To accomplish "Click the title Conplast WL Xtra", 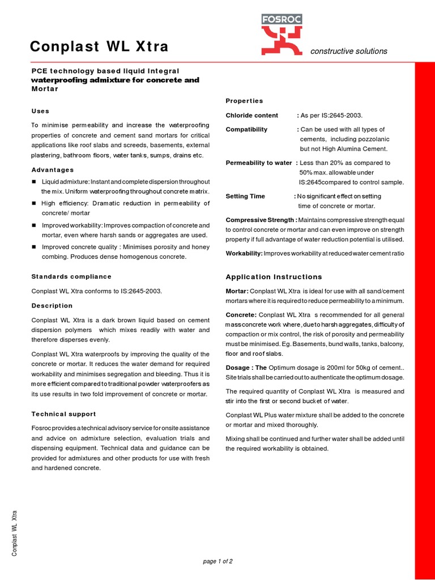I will tap(99, 46).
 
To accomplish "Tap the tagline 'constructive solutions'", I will tap(348, 51).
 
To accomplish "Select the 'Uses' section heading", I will tap(40, 111).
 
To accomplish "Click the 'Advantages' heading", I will tap(53, 170).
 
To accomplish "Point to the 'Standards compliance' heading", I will tap(71, 276).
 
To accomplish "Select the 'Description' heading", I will tap(52, 306).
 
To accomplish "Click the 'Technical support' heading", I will tap(63, 414).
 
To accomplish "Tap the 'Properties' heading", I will tap(244, 101).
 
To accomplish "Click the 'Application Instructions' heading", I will tap(274, 277).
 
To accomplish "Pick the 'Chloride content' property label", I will tap(252, 116).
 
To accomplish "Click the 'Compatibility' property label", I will tap(246, 130).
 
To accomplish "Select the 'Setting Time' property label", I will tap(245, 197).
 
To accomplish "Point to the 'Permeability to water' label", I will tap(258, 163).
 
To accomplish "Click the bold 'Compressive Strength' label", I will tap(261, 220).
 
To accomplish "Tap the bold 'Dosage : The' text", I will tap(246, 368).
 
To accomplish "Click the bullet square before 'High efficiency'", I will tap(34, 203).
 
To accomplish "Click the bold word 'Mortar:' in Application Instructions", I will tap(237, 291).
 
